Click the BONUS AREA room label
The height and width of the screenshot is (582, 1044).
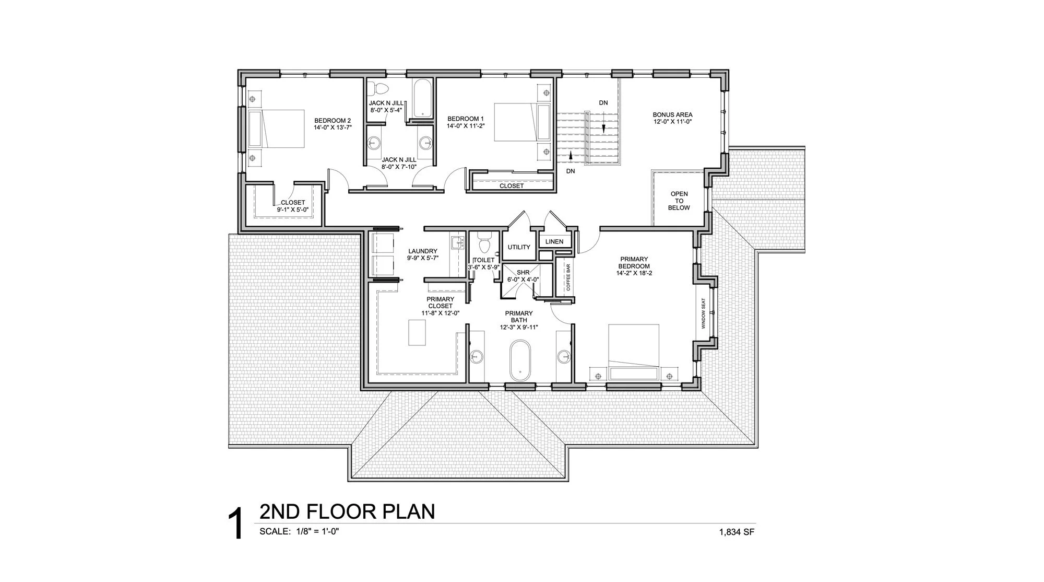672,115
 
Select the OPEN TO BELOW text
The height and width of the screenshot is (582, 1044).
679,201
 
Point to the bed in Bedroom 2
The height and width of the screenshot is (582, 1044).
276,129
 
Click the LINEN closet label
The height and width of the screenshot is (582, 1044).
554,242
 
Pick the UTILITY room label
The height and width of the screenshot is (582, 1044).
519,247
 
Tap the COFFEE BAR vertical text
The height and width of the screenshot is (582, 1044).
568,277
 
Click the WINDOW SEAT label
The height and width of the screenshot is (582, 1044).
703,313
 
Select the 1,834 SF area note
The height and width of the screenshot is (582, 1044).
737,533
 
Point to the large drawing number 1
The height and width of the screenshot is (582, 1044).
236,525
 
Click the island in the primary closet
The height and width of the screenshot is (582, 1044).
417,333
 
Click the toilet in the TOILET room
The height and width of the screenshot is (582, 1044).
483,244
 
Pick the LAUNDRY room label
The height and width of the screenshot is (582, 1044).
422,251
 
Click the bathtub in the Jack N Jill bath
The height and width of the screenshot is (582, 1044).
421,99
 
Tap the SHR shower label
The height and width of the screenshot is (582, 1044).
523,273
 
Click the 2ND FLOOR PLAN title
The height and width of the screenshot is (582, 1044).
347,511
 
